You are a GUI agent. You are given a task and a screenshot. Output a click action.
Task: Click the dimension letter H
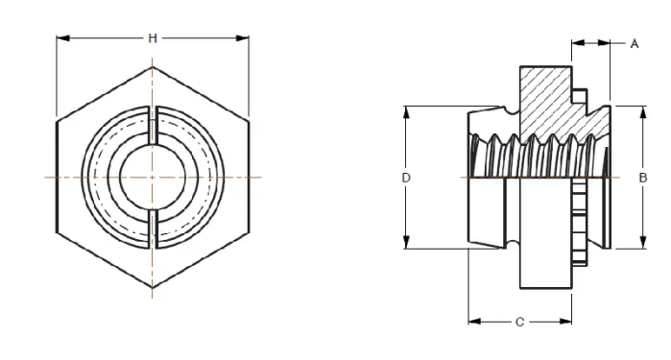click(x=153, y=38)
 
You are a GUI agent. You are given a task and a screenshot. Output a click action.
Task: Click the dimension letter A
click(x=635, y=44)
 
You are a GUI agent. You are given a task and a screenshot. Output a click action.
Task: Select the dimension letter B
click(x=641, y=178)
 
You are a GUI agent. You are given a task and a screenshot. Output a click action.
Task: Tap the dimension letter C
click(x=519, y=322)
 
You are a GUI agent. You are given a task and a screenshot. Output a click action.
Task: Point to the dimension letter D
click(x=406, y=178)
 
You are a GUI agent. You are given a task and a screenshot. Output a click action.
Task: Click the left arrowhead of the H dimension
click(x=61, y=38)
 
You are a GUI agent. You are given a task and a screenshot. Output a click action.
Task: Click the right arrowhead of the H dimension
click(x=244, y=38)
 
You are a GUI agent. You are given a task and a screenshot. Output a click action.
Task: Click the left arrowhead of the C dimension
click(x=473, y=322)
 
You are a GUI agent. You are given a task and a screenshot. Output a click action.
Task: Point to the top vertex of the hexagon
click(x=153, y=67)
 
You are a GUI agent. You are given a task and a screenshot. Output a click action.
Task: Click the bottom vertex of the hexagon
click(x=153, y=288)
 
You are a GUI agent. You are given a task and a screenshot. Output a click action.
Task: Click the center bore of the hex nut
click(x=153, y=178)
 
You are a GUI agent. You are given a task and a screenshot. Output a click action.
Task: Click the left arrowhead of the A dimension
click(x=577, y=43)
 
